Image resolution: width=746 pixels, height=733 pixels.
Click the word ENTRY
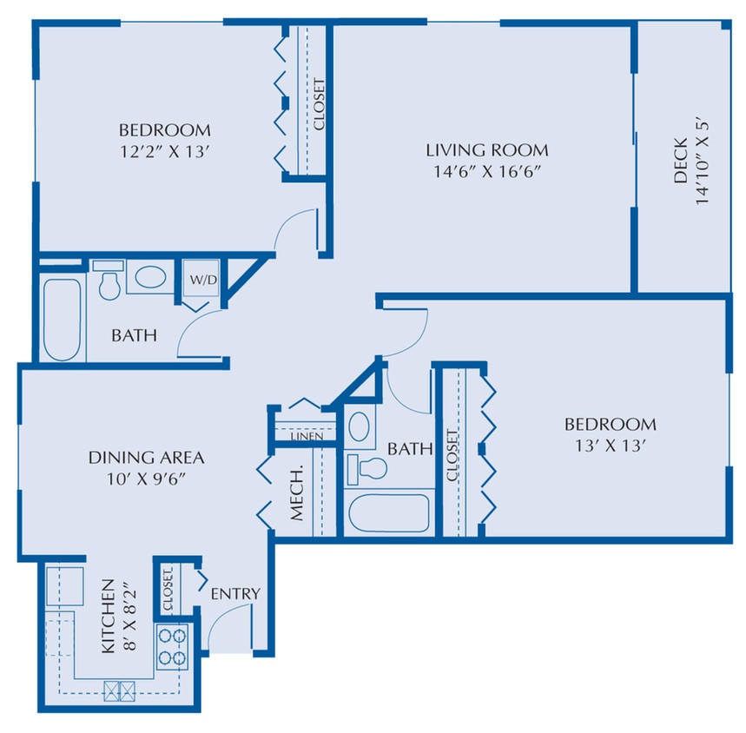click(x=235, y=593)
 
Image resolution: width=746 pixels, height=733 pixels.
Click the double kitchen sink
click(x=120, y=691)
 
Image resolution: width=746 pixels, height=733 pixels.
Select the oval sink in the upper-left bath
click(x=151, y=278)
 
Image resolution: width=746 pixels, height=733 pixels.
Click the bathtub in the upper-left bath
click(x=61, y=319)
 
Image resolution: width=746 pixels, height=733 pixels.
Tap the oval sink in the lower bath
click(x=359, y=426)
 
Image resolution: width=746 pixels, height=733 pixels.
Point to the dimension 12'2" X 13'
click(x=164, y=150)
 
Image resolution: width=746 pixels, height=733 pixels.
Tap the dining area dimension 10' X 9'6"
click(x=146, y=477)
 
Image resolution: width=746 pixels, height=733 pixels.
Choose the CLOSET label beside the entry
click(x=167, y=588)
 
